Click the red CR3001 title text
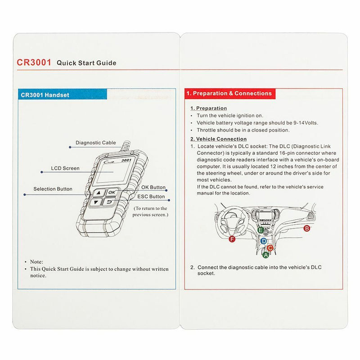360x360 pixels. (x=34, y=62)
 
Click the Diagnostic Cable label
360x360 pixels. (x=96, y=143)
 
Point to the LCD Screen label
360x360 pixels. (x=65, y=168)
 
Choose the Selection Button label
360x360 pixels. (x=53, y=189)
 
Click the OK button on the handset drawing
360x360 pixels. (x=112, y=192)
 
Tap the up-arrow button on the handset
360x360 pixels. (x=99, y=193)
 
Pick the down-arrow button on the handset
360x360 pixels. (x=96, y=202)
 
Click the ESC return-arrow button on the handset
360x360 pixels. (x=109, y=202)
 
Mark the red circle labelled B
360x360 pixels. (x=307, y=229)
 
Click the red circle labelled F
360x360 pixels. (x=232, y=239)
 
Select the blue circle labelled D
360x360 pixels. (x=264, y=241)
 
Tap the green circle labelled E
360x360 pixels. (x=261, y=230)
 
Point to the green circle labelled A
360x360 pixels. (x=265, y=255)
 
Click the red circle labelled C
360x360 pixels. (x=270, y=248)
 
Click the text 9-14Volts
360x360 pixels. (x=306, y=123)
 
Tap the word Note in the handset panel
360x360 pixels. (x=36, y=262)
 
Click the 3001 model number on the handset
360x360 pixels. (x=126, y=160)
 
